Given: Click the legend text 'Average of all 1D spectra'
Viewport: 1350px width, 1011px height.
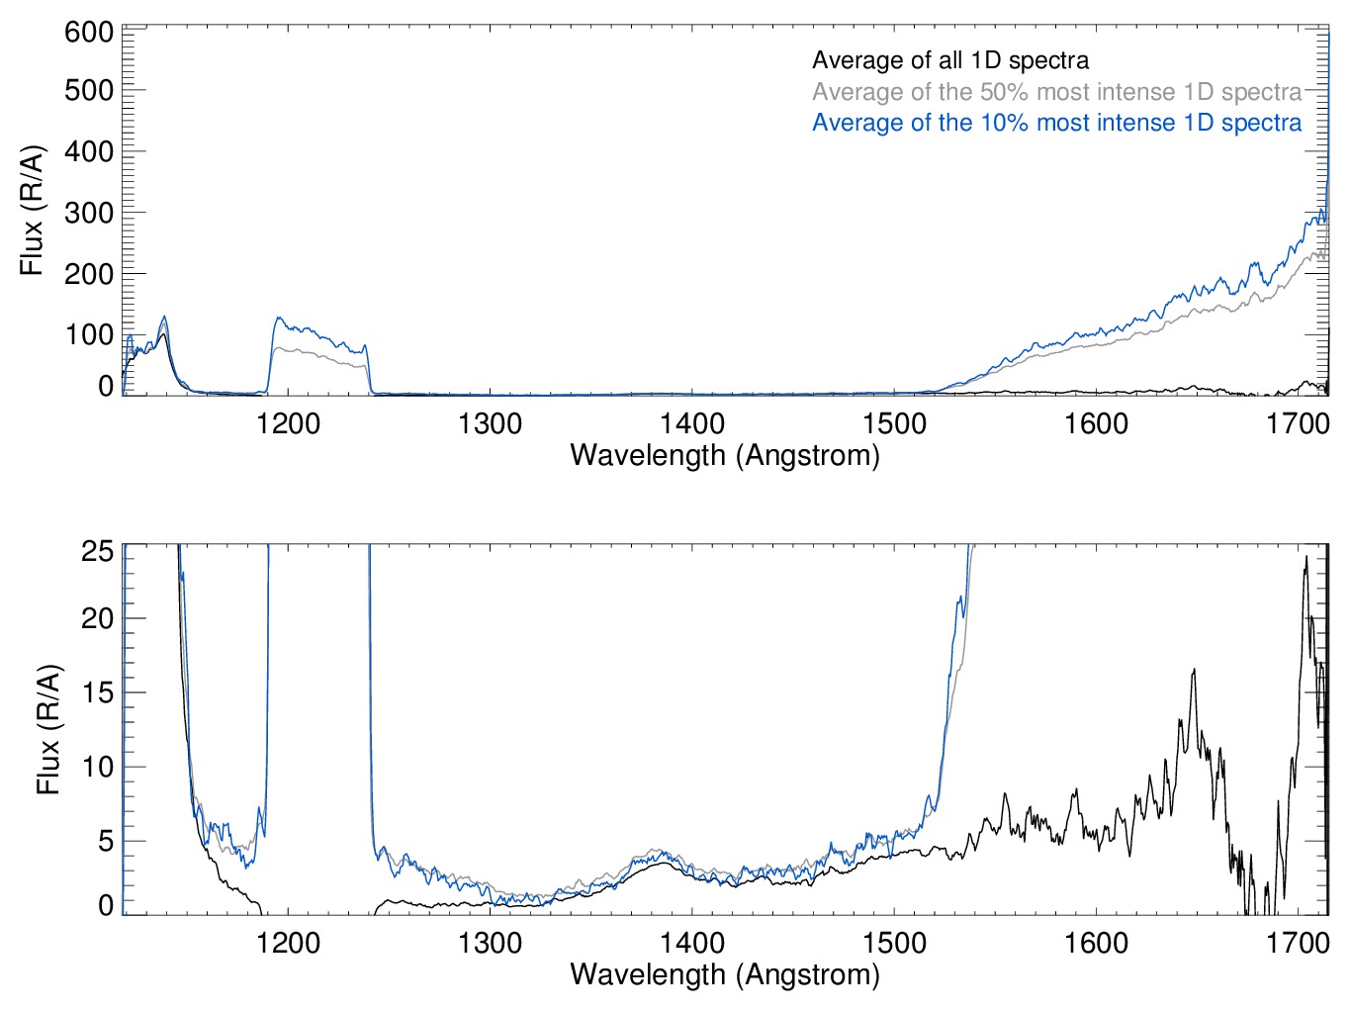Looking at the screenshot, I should (x=949, y=60).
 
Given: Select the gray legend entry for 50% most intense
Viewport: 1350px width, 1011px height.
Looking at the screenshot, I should (x=1056, y=92).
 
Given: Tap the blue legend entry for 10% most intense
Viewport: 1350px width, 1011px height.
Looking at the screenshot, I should (x=1056, y=123).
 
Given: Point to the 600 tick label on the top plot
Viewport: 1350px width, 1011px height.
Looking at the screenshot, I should (x=89, y=33).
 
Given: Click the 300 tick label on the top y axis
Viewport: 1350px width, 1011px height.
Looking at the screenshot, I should (x=89, y=213).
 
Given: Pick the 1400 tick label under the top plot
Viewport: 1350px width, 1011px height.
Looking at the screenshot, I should (x=692, y=424).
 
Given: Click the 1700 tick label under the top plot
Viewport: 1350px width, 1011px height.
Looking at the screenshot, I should (x=1298, y=424).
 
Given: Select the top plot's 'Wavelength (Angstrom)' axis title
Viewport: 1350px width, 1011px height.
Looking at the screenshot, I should (x=725, y=455).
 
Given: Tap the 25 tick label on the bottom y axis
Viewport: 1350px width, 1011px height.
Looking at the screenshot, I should (x=98, y=550).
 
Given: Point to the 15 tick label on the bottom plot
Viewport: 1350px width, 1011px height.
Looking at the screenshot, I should (x=98, y=692).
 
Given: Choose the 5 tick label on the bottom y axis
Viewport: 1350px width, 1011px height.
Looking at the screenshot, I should (x=106, y=841).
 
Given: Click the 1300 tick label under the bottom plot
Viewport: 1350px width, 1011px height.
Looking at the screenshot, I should (x=491, y=943).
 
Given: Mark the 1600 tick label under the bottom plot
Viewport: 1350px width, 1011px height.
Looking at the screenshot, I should (x=1096, y=943).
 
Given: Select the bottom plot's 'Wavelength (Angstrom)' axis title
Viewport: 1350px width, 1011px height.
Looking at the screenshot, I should (x=725, y=974).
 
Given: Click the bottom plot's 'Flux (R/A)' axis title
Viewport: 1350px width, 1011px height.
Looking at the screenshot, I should (x=47, y=730).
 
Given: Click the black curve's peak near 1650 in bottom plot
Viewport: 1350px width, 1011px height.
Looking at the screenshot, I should (x=1194, y=671).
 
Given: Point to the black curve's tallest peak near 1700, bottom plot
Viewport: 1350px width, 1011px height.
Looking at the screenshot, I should (x=1306, y=557).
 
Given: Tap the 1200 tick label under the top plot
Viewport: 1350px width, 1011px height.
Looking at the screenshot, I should (x=288, y=424).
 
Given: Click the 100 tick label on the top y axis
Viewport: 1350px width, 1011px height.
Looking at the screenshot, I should (x=89, y=334).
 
